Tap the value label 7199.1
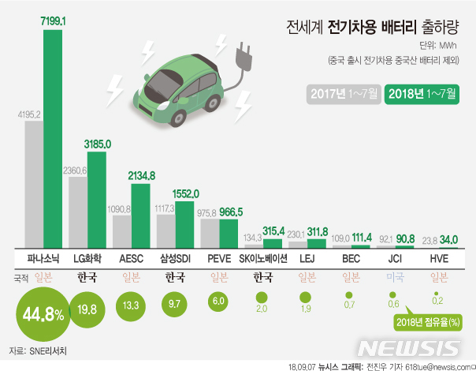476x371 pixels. point(53,23)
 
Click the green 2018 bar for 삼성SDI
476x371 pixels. point(185,225)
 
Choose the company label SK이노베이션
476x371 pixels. point(264,259)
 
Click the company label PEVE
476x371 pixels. point(219,259)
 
